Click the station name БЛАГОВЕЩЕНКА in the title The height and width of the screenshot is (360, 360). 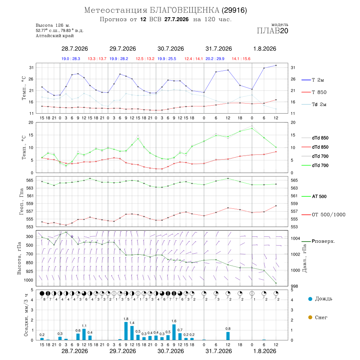[184, 10]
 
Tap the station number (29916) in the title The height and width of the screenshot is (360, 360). [234, 10]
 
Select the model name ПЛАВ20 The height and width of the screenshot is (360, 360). [272, 31]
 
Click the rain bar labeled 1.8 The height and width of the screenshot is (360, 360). [126, 331]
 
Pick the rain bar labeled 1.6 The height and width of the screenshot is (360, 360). [174, 332]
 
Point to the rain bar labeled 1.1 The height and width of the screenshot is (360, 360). [84, 334]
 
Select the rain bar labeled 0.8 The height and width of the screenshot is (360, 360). [228, 336]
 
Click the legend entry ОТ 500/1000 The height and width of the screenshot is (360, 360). [323, 215]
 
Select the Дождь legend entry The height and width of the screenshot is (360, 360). [320, 299]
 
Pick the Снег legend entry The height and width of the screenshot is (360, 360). [318, 317]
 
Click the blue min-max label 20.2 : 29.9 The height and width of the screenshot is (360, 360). [215, 59]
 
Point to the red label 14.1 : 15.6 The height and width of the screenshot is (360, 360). [241, 59]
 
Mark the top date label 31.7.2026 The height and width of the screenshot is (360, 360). [218, 49]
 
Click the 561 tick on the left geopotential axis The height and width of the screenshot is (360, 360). [30, 196]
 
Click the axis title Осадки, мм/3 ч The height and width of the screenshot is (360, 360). [26, 315]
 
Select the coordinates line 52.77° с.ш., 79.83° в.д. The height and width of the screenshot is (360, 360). [60, 30]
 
